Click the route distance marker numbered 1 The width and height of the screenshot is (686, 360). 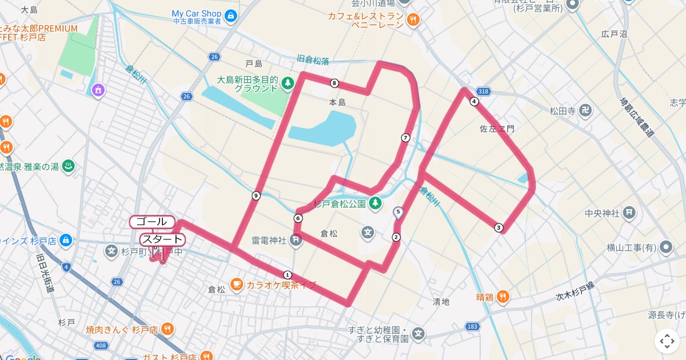tap(288, 274)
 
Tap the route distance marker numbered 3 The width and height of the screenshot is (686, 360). tap(499, 228)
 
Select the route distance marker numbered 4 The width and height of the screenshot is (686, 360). tap(474, 102)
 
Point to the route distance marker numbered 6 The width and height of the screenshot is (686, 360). tap(298, 218)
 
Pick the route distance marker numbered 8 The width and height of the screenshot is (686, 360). tap(334, 83)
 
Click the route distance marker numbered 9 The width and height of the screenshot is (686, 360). tap(256, 196)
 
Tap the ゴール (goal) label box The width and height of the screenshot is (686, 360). tap(152, 221)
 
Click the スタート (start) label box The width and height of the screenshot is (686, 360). tap(162, 239)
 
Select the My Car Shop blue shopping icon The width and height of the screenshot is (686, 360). tap(231, 15)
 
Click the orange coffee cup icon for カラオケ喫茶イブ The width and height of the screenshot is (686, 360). tap(237, 284)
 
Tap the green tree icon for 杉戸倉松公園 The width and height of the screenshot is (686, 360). tap(376, 203)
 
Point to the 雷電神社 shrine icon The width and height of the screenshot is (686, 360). tap(296, 241)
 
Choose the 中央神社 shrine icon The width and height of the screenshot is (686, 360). tap(629, 213)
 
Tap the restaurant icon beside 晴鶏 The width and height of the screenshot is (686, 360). tap(502, 297)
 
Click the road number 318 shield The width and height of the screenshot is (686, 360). tap(484, 91)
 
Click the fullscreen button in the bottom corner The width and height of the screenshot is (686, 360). tap(667, 341)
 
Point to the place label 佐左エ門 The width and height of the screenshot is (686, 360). tap(497, 129)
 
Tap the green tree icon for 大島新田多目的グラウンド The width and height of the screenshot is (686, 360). tap(288, 84)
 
